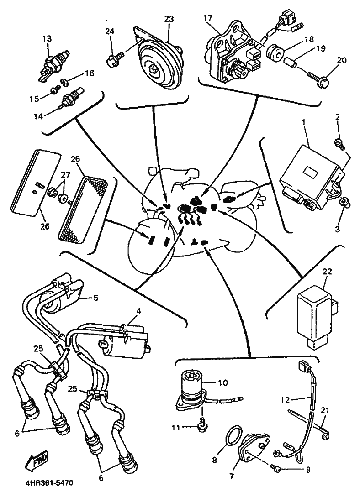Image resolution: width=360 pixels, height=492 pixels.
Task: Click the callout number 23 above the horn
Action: [x=169, y=19]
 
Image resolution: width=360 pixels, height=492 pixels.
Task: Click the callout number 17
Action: [x=208, y=17]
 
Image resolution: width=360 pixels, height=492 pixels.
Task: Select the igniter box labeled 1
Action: [x=311, y=179]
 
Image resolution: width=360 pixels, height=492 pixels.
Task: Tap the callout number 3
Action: [x=337, y=229]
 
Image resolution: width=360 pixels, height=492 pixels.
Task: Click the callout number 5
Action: [x=95, y=297]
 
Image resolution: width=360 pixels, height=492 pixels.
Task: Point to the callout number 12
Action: [x=286, y=400]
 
